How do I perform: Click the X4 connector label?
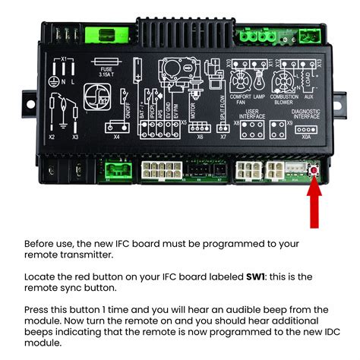(x=116, y=138)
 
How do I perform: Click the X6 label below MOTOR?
(x=200, y=138)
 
